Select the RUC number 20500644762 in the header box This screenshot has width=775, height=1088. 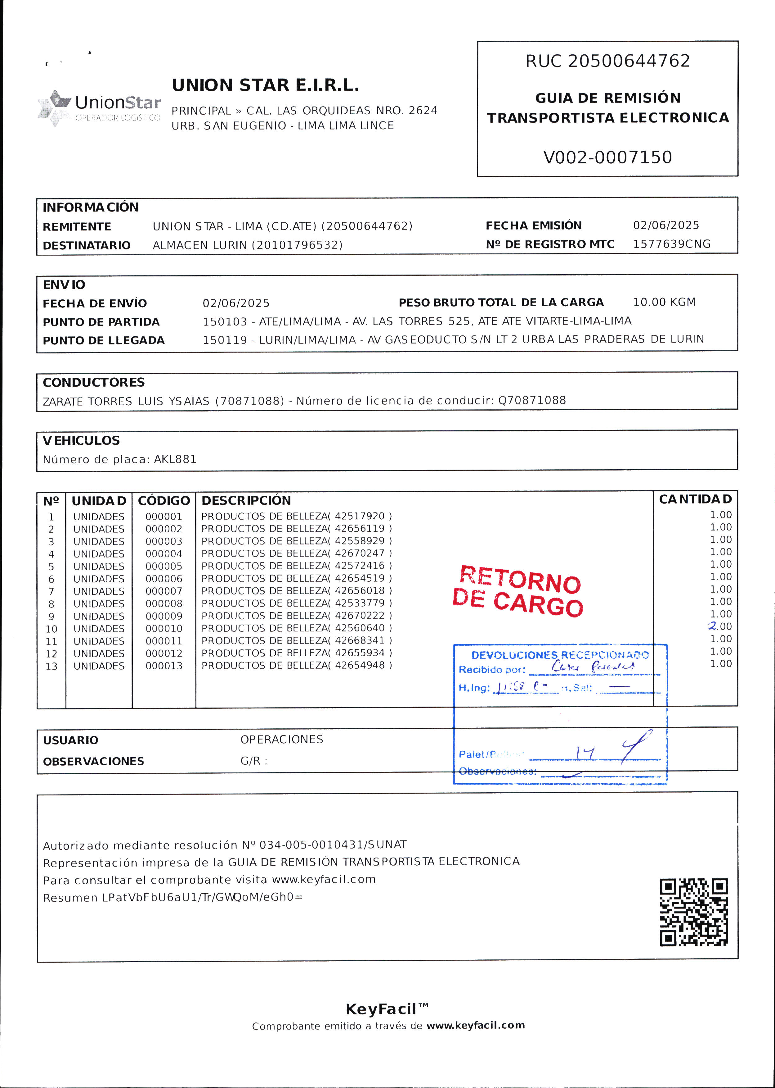tap(629, 61)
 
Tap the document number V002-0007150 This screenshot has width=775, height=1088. tap(607, 157)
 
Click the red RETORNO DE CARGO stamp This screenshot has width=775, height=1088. tap(518, 591)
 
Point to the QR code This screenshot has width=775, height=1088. tap(694, 912)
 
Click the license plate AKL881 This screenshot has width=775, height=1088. tap(175, 459)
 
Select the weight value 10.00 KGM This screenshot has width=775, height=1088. tap(664, 302)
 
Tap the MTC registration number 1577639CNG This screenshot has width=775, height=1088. tap(671, 244)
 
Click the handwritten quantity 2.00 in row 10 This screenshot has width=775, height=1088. tap(720, 626)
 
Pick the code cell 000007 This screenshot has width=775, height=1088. tap(164, 591)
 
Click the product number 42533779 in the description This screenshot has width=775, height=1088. tap(359, 603)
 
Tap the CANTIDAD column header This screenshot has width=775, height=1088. tap(695, 499)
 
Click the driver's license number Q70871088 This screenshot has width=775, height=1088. tap(532, 400)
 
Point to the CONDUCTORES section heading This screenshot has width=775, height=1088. tap(93, 383)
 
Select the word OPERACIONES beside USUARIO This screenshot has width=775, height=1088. tap(282, 739)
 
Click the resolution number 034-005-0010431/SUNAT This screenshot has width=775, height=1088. tap(333, 844)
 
